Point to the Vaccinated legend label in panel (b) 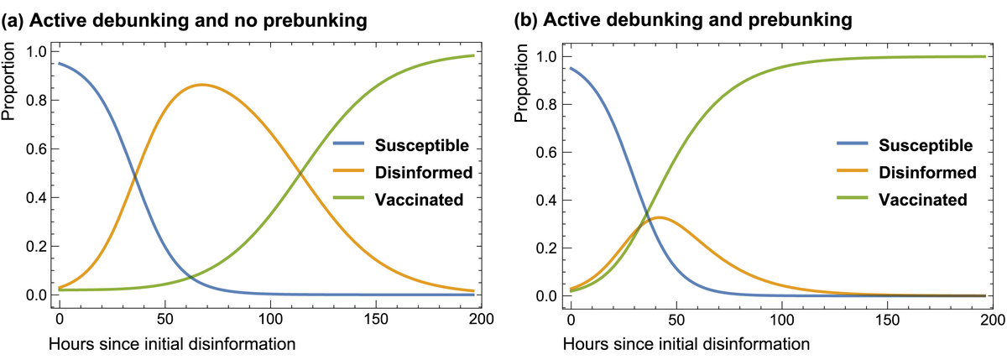[x=922, y=200]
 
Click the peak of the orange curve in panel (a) [x=201, y=84]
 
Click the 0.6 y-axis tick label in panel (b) [x=545, y=153]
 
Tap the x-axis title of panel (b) [x=686, y=343]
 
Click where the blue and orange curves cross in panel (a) [x=134, y=175]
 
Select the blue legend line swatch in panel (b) [x=856, y=145]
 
